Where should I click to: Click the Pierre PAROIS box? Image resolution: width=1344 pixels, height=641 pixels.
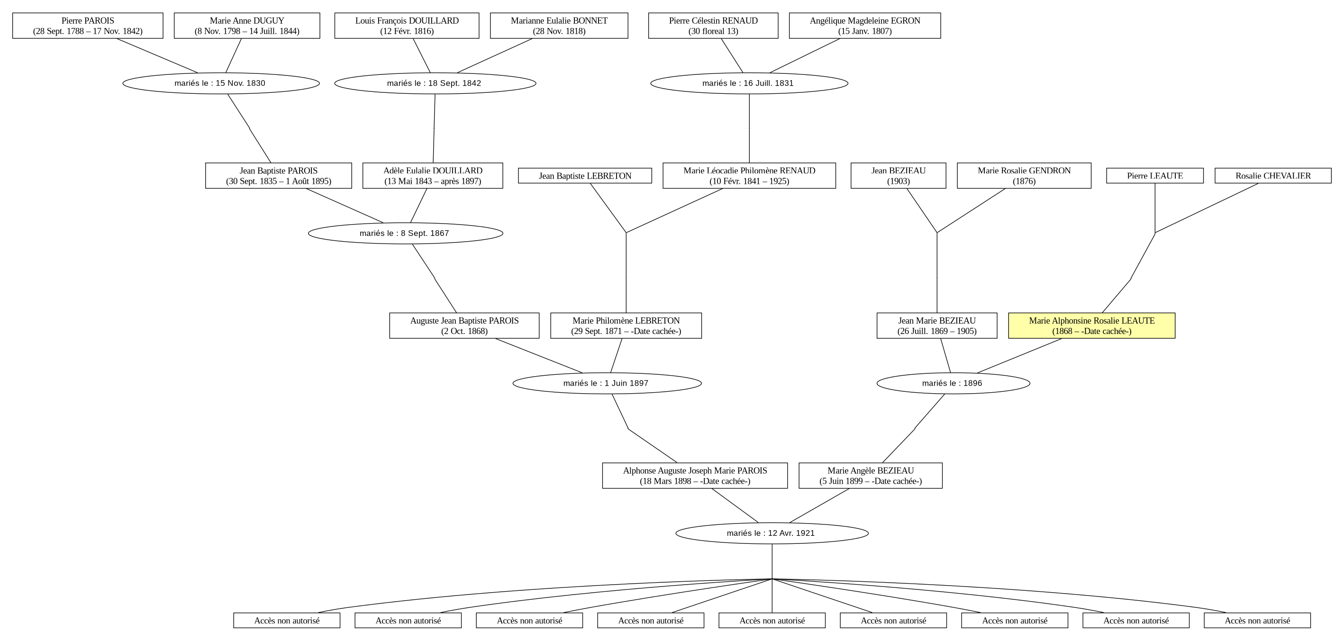(x=88, y=26)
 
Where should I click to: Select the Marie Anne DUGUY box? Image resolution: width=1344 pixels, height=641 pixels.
(x=247, y=26)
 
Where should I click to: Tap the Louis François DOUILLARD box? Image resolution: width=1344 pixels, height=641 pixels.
(x=407, y=26)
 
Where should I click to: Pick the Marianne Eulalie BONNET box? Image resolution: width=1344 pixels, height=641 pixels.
(x=559, y=26)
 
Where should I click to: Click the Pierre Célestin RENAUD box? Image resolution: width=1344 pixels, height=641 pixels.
(x=713, y=26)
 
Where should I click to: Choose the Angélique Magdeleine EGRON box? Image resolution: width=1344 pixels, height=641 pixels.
(x=864, y=26)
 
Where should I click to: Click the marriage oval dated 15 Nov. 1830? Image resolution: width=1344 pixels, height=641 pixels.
(x=221, y=83)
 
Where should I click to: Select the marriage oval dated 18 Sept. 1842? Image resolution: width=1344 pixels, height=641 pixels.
(x=435, y=83)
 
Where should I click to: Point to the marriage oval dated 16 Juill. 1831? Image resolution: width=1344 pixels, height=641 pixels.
(x=749, y=83)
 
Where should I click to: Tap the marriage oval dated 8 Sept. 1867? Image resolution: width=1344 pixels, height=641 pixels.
(x=405, y=233)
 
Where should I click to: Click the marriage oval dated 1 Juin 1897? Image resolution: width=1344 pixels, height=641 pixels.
(x=607, y=383)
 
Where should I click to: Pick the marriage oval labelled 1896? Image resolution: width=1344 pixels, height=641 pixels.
(x=953, y=383)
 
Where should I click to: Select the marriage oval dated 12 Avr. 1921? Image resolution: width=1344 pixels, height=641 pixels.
(x=772, y=533)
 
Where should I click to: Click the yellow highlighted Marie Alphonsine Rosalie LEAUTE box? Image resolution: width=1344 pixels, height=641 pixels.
(x=1091, y=325)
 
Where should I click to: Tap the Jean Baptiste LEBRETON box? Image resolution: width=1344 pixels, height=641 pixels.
(x=585, y=176)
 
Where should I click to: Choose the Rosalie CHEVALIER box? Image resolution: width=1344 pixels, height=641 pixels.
(x=1273, y=176)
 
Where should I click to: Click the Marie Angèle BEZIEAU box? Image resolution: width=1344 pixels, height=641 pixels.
(x=870, y=476)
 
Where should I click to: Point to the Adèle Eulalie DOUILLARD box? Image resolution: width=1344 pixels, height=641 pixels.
(x=433, y=176)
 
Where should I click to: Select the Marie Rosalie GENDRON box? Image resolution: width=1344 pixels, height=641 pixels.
(x=1024, y=176)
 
